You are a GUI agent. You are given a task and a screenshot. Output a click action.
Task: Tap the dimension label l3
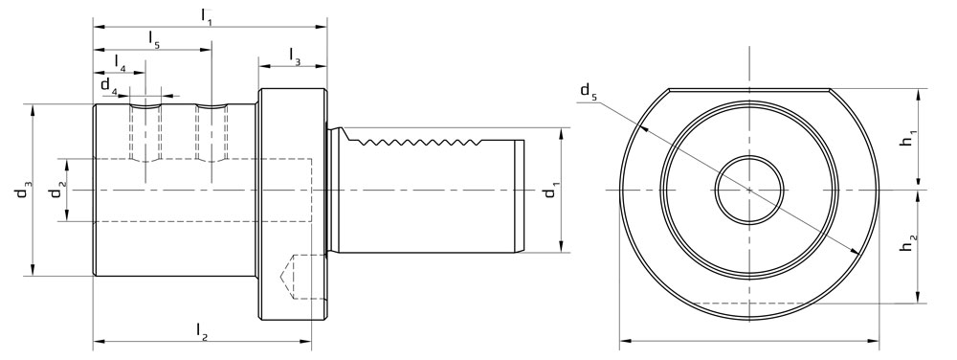click(x=293, y=56)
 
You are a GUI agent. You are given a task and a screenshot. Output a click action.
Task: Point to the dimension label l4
click(x=120, y=61)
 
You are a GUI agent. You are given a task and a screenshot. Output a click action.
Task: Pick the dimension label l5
click(x=153, y=37)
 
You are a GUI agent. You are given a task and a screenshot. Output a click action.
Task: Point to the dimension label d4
click(x=110, y=87)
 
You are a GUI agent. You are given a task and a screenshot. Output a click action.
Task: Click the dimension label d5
click(x=586, y=91)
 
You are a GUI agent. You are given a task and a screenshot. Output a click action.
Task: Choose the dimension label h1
click(x=905, y=140)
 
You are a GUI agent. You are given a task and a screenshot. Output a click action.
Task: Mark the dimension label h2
click(x=905, y=246)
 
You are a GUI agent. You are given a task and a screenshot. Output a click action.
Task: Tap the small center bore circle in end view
click(x=749, y=189)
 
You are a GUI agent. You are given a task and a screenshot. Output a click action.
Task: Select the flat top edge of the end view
click(x=749, y=89)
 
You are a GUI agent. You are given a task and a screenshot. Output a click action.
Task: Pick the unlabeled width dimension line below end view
click(x=749, y=339)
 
